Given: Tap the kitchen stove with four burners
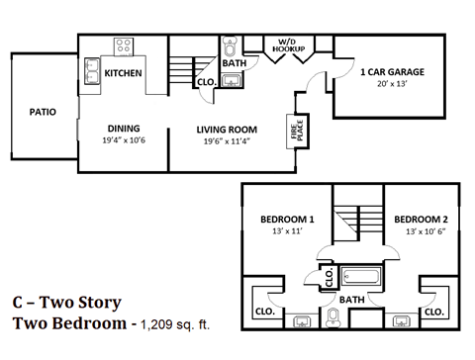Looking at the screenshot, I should pyautogui.click(x=125, y=45).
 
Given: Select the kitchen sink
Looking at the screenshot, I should pyautogui.click(x=90, y=71).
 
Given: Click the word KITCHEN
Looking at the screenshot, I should pyautogui.click(x=124, y=74).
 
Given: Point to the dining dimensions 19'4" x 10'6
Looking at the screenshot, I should pyautogui.click(x=124, y=140).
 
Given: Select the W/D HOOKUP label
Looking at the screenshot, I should pyautogui.click(x=290, y=43).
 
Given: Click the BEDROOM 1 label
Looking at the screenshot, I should pyautogui.click(x=287, y=219).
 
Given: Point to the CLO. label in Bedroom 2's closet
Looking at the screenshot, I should pyautogui.click(x=434, y=310).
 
